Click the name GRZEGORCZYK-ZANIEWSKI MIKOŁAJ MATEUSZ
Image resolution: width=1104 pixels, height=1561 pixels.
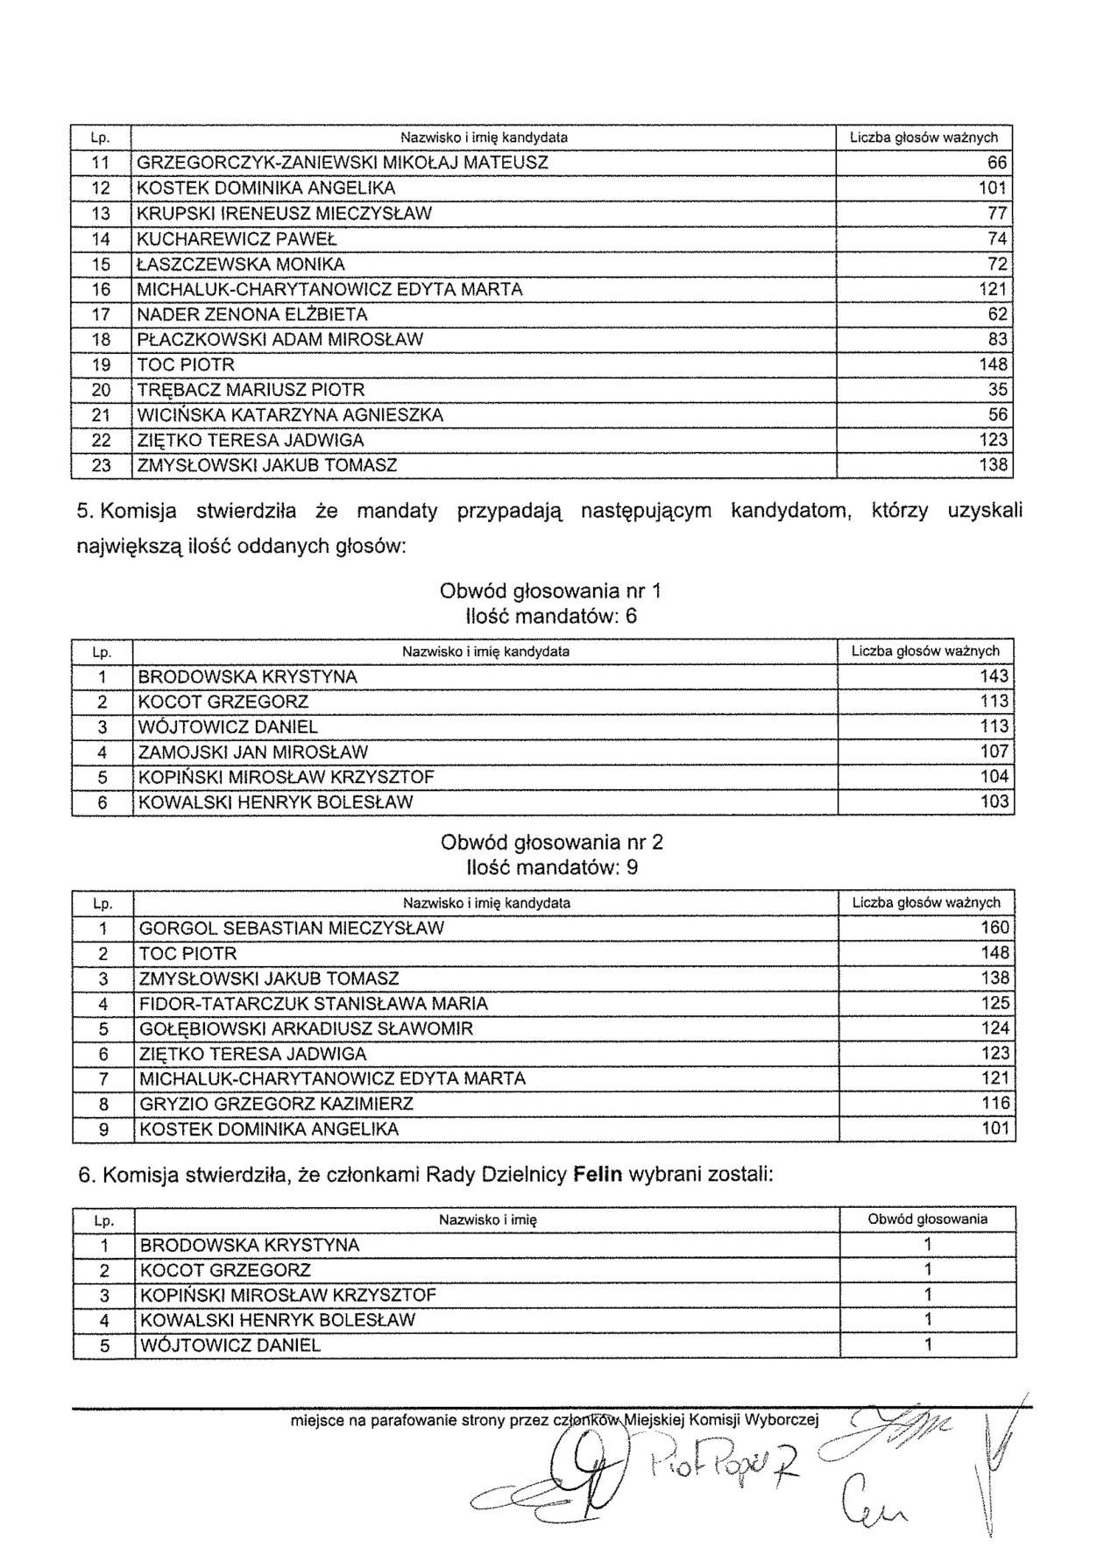(x=343, y=163)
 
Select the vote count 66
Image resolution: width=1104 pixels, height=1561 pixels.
(x=997, y=163)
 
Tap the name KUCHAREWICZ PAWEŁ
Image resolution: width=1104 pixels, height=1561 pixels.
(x=237, y=239)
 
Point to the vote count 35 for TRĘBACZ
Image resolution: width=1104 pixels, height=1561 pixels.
(x=997, y=390)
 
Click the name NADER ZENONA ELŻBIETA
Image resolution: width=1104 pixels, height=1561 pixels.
(x=252, y=314)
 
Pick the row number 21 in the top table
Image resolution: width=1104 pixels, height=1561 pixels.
(x=102, y=415)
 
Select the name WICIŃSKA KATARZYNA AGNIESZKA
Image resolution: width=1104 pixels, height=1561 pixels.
(x=290, y=415)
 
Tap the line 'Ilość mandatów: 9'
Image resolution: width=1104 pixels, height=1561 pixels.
(x=552, y=868)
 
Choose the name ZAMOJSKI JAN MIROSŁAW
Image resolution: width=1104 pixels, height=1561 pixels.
(x=253, y=752)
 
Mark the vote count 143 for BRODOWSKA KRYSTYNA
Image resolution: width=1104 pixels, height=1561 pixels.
(x=994, y=677)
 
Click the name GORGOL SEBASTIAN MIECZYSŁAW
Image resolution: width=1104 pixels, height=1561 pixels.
(x=292, y=929)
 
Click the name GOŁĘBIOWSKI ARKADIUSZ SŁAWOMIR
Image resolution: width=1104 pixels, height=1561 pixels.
(x=306, y=1029)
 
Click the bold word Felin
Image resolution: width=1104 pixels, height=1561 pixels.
(x=597, y=1176)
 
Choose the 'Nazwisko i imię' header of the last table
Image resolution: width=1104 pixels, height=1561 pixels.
(x=487, y=1219)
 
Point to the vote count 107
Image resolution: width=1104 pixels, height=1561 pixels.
(x=994, y=752)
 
